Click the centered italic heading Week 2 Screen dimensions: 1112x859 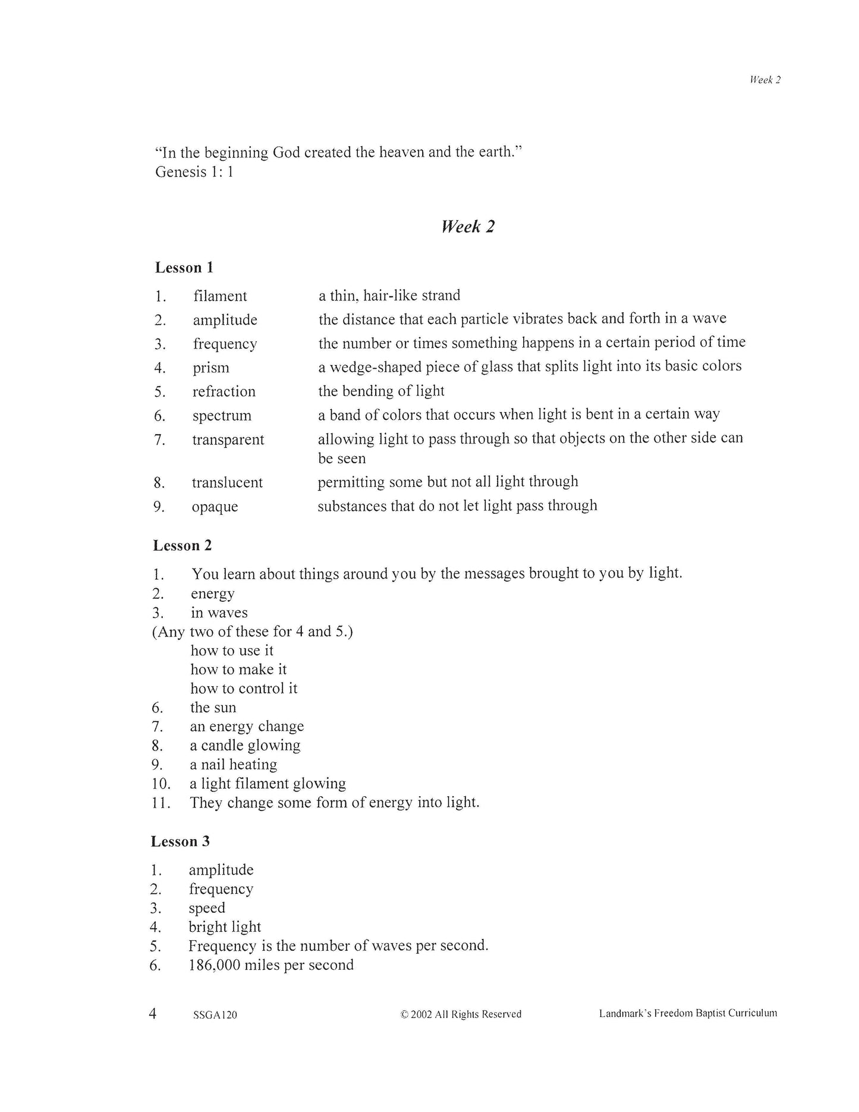pyautogui.click(x=467, y=227)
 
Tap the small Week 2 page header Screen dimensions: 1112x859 pyautogui.click(x=764, y=80)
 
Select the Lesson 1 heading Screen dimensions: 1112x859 pyautogui.click(x=184, y=268)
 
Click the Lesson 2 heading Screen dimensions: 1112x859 pyautogui.click(x=183, y=545)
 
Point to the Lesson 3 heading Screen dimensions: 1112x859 pyautogui.click(x=180, y=841)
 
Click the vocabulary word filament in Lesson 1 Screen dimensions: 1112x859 pyautogui.click(x=220, y=296)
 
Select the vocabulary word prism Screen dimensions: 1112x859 pyautogui.click(x=210, y=367)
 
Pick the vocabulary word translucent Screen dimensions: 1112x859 pyautogui.click(x=227, y=482)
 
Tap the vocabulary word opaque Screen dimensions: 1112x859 pyautogui.click(x=215, y=507)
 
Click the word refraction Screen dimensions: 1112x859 pyautogui.click(x=224, y=391)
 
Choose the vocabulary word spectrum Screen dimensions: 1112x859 pyautogui.click(x=222, y=416)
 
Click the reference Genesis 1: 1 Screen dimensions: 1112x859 pyautogui.click(x=194, y=172)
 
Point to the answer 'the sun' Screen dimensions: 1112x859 pyautogui.click(x=213, y=708)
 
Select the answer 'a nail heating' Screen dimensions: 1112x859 pyautogui.click(x=233, y=765)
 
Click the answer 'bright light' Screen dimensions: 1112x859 pyautogui.click(x=225, y=926)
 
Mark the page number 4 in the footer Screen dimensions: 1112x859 pyautogui.click(x=153, y=1013)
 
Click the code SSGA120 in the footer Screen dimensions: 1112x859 pyautogui.click(x=215, y=1015)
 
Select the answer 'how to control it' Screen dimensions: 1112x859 pyautogui.click(x=244, y=689)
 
